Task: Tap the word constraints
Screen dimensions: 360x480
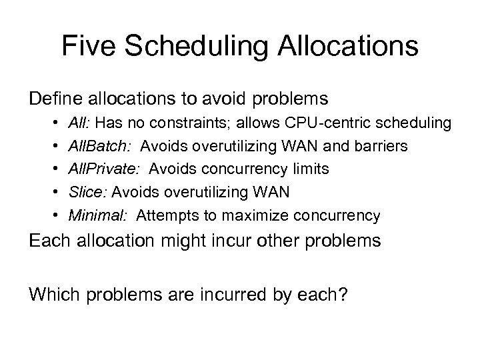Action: (x=204, y=123)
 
